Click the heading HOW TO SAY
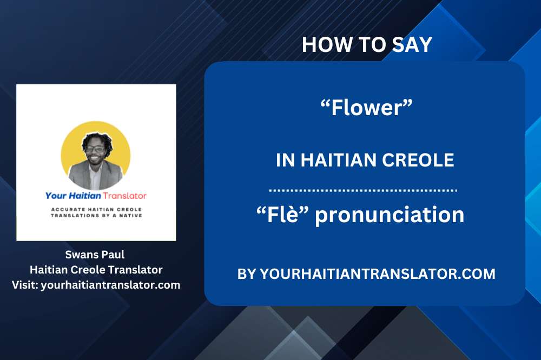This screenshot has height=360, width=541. (367, 44)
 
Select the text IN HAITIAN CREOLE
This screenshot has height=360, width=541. (365, 160)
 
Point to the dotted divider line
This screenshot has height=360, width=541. (363, 190)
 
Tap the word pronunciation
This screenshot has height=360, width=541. (390, 215)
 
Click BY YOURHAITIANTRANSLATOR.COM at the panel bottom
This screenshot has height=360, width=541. (366, 274)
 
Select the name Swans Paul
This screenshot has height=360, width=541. (96, 255)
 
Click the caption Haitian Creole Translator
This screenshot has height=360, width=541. (96, 269)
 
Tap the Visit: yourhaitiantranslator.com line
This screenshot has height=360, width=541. (96, 284)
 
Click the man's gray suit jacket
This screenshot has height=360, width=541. (87, 176)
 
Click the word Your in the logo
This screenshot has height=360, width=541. (56, 196)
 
